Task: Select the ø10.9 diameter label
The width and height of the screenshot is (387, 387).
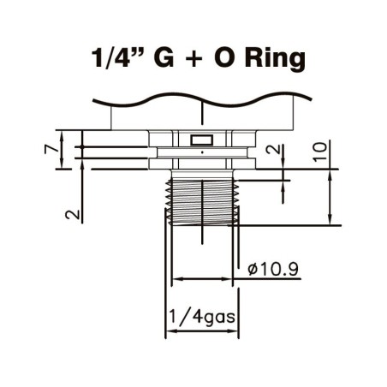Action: pyautogui.click(x=271, y=269)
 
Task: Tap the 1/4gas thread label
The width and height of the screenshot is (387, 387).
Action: pyautogui.click(x=203, y=318)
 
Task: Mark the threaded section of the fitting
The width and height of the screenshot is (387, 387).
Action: pyautogui.click(x=202, y=197)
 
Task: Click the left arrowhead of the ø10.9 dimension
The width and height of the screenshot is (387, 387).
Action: pyautogui.click(x=176, y=280)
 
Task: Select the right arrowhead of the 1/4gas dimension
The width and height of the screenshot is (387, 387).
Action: pyautogui.click(x=235, y=333)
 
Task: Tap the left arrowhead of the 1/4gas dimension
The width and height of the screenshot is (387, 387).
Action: pyautogui.click(x=169, y=333)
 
